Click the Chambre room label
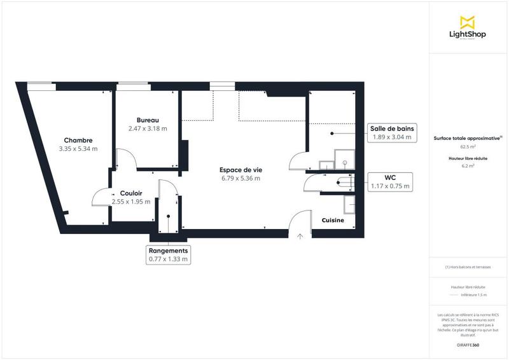[78, 141]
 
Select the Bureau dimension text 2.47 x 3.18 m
[147, 128]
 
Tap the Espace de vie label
[241, 170]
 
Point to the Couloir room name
[130, 193]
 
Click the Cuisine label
[333, 221]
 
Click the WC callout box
[391, 181]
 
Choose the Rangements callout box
[168, 255]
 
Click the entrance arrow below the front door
[300, 236]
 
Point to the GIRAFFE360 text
[468, 345]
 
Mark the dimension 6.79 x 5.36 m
[241, 179]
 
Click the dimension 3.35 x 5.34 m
[78, 149]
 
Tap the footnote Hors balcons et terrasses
[468, 267]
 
